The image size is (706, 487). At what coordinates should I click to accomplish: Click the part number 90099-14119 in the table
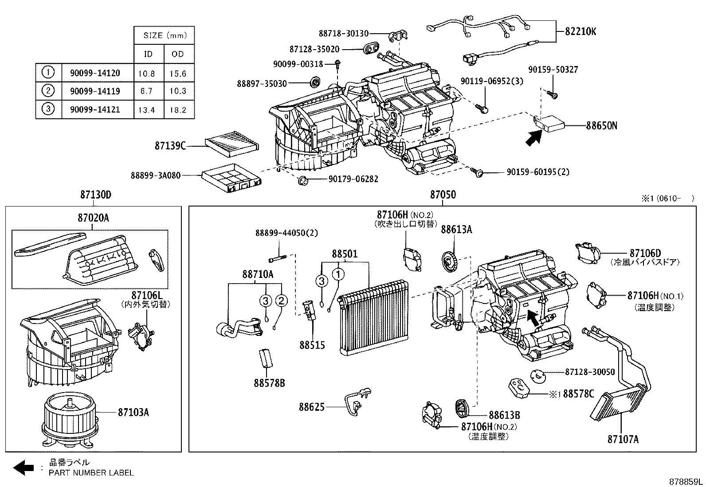(95, 91)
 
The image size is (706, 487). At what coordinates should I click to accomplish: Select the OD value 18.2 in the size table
(178, 110)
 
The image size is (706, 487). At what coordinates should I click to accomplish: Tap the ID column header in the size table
(148, 54)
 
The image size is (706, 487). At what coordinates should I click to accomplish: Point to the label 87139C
(170, 145)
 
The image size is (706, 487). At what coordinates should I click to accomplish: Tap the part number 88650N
(601, 126)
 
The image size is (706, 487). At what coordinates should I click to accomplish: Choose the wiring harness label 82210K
(580, 31)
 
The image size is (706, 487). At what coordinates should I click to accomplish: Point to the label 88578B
(269, 383)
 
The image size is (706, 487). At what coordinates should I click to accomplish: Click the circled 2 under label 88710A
(281, 301)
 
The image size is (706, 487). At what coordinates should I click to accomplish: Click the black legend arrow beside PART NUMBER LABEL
(24, 467)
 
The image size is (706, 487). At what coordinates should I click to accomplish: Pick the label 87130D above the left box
(95, 195)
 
